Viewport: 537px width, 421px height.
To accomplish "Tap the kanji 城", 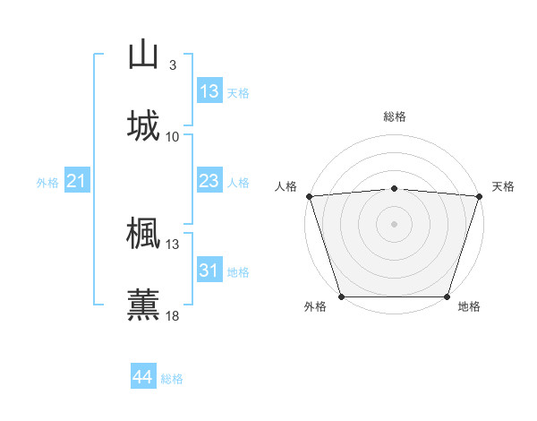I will click(x=143, y=125).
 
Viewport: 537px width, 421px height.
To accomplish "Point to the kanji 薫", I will click(x=143, y=304).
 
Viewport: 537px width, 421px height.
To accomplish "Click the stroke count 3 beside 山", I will click(x=173, y=65).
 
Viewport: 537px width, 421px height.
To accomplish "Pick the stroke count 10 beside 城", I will click(x=173, y=136).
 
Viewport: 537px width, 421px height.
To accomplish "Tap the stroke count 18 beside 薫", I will click(x=173, y=315).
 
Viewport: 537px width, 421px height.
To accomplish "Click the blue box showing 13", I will click(x=209, y=91).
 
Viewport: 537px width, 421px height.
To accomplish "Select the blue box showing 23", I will click(x=209, y=181).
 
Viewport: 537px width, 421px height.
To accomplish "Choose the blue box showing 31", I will click(x=209, y=271).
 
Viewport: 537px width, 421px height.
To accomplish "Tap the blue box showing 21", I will click(x=77, y=182).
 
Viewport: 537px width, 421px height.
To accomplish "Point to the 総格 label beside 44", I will click(x=172, y=379).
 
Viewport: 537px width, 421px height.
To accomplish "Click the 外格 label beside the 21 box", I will click(x=47, y=183).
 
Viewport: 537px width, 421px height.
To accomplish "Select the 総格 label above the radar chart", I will click(x=395, y=116).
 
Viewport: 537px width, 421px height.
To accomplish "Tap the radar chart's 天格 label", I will click(x=504, y=186).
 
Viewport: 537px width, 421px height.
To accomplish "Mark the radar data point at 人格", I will click(x=309, y=196).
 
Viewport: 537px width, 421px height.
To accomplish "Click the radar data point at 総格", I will click(x=395, y=188).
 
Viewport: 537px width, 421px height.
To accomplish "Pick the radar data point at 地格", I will click(x=447, y=296).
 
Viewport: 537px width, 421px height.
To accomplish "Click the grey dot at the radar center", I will click(x=395, y=223).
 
